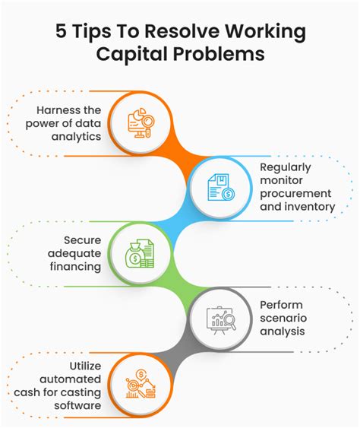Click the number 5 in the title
[61, 30]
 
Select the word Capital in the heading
[131, 54]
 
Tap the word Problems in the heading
[219, 53]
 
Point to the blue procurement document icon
[221, 187]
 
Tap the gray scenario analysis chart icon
[221, 320]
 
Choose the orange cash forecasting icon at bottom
[141, 383]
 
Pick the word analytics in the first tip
[76, 137]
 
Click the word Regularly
[286, 167]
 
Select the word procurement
[295, 193]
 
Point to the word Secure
[82, 240]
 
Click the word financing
[75, 266]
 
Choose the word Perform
[281, 305]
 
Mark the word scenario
[283, 318]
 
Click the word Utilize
[85, 366]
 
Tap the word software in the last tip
[77, 405]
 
